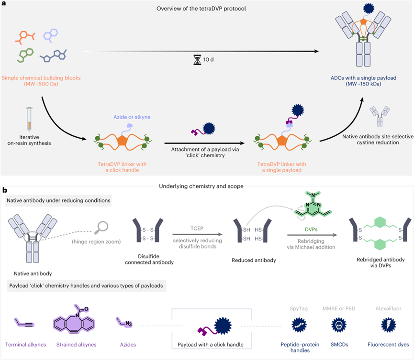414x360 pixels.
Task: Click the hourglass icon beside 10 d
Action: pyautogui.click(x=197, y=60)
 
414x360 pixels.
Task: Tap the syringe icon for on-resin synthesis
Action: pyautogui.click(x=29, y=119)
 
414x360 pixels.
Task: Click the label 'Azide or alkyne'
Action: pyautogui.click(x=132, y=117)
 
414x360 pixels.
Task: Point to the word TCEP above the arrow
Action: pyautogui.click(x=197, y=229)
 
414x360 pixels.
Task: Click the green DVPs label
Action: pyautogui.click(x=311, y=229)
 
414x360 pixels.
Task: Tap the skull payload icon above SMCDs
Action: pyautogui.click(x=339, y=325)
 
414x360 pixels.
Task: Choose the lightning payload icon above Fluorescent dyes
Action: pyautogui.click(x=388, y=325)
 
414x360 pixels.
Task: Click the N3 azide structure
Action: pyautogui.click(x=124, y=322)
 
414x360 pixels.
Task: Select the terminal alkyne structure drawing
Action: pyautogui.click(x=24, y=323)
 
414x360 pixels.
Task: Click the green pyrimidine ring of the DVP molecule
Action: pyautogui.click(x=313, y=208)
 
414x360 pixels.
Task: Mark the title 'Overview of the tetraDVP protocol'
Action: pyautogui.click(x=201, y=9)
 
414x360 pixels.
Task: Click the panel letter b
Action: pyautogui.click(x=4, y=190)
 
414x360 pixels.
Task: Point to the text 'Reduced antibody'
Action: pyautogui.click(x=254, y=260)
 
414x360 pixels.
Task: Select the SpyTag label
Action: pyautogui.click(x=299, y=308)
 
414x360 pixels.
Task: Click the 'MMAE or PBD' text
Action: pyautogui.click(x=339, y=308)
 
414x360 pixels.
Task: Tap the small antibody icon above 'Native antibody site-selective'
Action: pyautogui.click(x=380, y=116)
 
